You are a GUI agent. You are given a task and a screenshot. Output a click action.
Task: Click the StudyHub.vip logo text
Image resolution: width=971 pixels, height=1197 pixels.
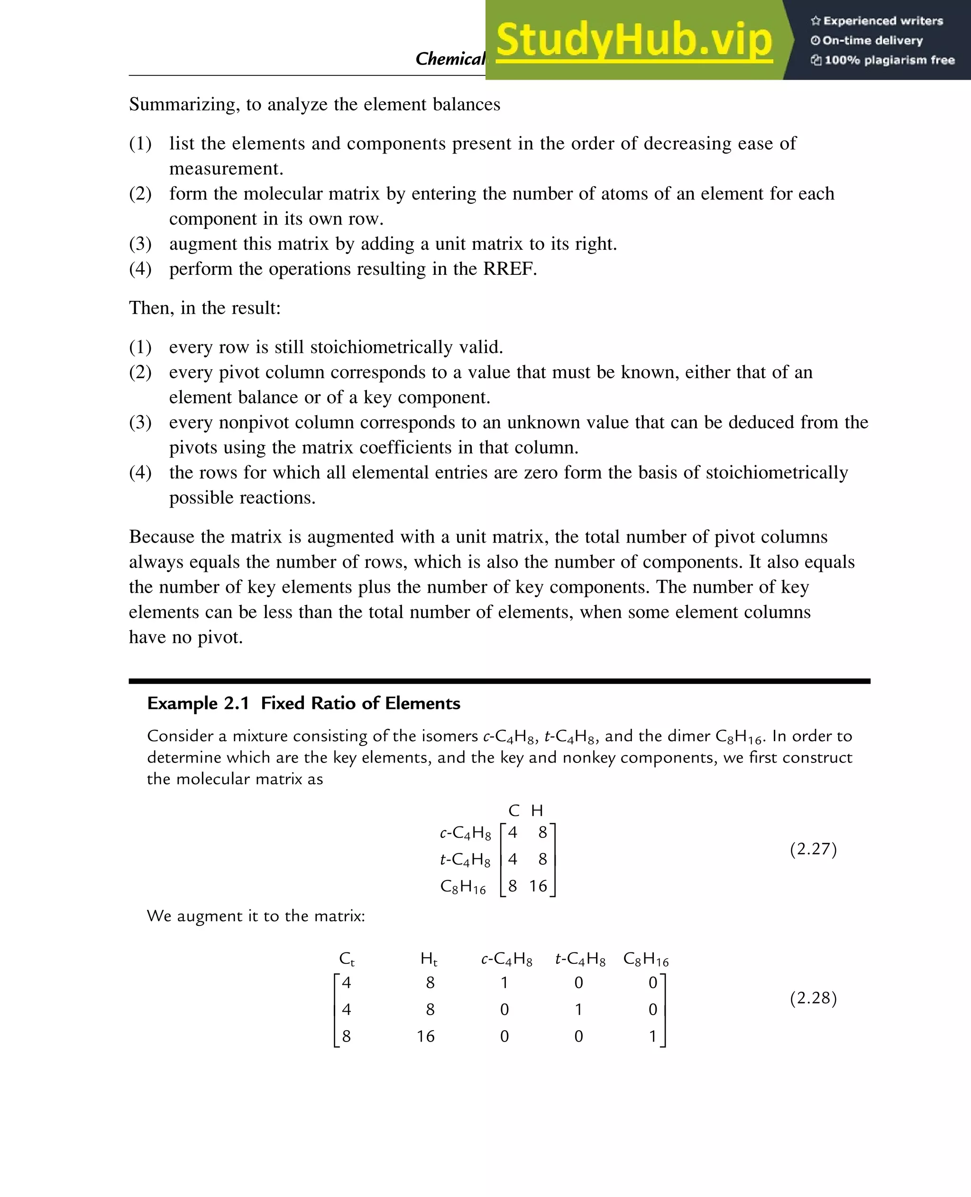click(x=634, y=40)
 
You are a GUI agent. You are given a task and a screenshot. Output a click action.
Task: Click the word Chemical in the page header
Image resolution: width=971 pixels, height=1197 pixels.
click(x=449, y=59)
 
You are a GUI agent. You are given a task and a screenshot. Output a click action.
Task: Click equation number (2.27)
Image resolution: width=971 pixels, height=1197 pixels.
click(x=813, y=849)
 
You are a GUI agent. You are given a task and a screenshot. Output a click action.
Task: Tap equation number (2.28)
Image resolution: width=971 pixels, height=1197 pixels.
click(x=813, y=998)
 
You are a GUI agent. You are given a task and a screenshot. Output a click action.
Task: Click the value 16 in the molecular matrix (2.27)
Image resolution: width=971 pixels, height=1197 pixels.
click(x=538, y=886)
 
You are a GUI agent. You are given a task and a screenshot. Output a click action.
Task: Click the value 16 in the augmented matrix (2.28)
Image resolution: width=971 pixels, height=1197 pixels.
click(x=425, y=1036)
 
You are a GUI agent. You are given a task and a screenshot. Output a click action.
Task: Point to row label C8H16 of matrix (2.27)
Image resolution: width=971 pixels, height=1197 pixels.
click(x=463, y=887)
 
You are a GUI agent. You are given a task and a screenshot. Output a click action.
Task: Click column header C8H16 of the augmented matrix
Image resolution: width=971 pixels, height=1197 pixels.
click(x=646, y=960)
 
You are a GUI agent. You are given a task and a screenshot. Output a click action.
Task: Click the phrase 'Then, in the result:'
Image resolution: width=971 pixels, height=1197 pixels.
click(x=205, y=308)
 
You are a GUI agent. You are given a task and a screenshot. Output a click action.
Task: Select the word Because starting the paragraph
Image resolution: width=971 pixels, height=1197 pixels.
click(x=162, y=537)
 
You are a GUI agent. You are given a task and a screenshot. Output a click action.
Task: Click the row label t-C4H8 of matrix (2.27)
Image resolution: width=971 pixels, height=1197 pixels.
click(x=465, y=859)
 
